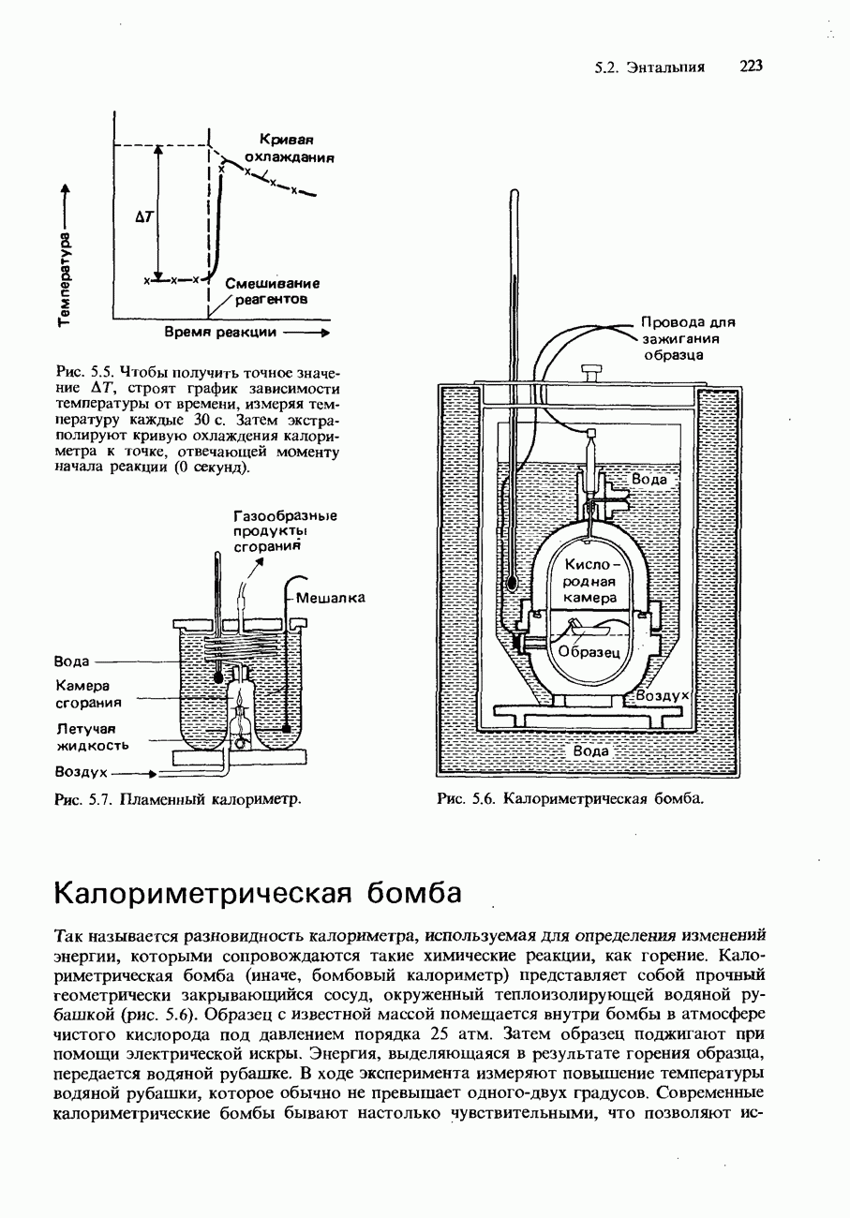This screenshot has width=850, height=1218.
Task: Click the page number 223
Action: tap(752, 66)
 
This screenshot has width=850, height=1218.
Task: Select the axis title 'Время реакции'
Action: tap(221, 333)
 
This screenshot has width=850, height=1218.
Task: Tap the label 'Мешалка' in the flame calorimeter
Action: tap(330, 597)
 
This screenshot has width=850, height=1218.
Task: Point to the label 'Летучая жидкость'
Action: tap(92, 736)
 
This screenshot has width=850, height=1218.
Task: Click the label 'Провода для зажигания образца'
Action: tap(687, 338)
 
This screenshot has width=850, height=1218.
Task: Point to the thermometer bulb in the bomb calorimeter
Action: tap(512, 581)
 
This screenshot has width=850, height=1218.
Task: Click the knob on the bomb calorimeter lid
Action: tap(591, 371)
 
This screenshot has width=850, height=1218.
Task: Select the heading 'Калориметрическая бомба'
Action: tap(259, 892)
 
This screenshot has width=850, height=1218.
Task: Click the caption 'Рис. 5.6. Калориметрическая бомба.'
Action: tap(570, 798)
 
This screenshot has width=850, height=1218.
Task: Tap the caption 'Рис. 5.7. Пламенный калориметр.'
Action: tap(179, 799)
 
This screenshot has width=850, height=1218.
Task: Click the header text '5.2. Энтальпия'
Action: tap(649, 67)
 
